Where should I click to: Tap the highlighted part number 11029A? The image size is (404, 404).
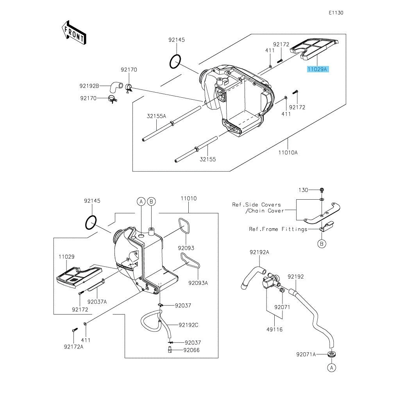(317, 69)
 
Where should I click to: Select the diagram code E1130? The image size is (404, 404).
(336, 13)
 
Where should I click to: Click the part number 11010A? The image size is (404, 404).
(288, 152)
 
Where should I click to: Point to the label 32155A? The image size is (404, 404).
(156, 116)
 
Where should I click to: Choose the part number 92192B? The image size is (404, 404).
(89, 86)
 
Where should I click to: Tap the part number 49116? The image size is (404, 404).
(275, 329)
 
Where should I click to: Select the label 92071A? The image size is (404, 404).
(306, 354)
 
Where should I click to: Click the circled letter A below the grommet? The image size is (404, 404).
(332, 368)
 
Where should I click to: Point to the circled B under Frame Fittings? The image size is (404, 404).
(322, 243)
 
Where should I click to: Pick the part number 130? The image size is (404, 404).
(303, 190)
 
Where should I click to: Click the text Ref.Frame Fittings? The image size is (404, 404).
(278, 229)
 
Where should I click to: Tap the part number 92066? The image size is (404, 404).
(191, 350)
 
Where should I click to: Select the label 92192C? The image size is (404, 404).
(188, 325)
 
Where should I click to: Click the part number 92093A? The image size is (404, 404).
(198, 283)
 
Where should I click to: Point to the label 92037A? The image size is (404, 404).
(97, 302)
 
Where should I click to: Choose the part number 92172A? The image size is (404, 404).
(74, 347)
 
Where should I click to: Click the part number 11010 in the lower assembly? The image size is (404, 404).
(189, 198)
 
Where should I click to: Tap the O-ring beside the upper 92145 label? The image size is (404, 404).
(175, 62)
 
